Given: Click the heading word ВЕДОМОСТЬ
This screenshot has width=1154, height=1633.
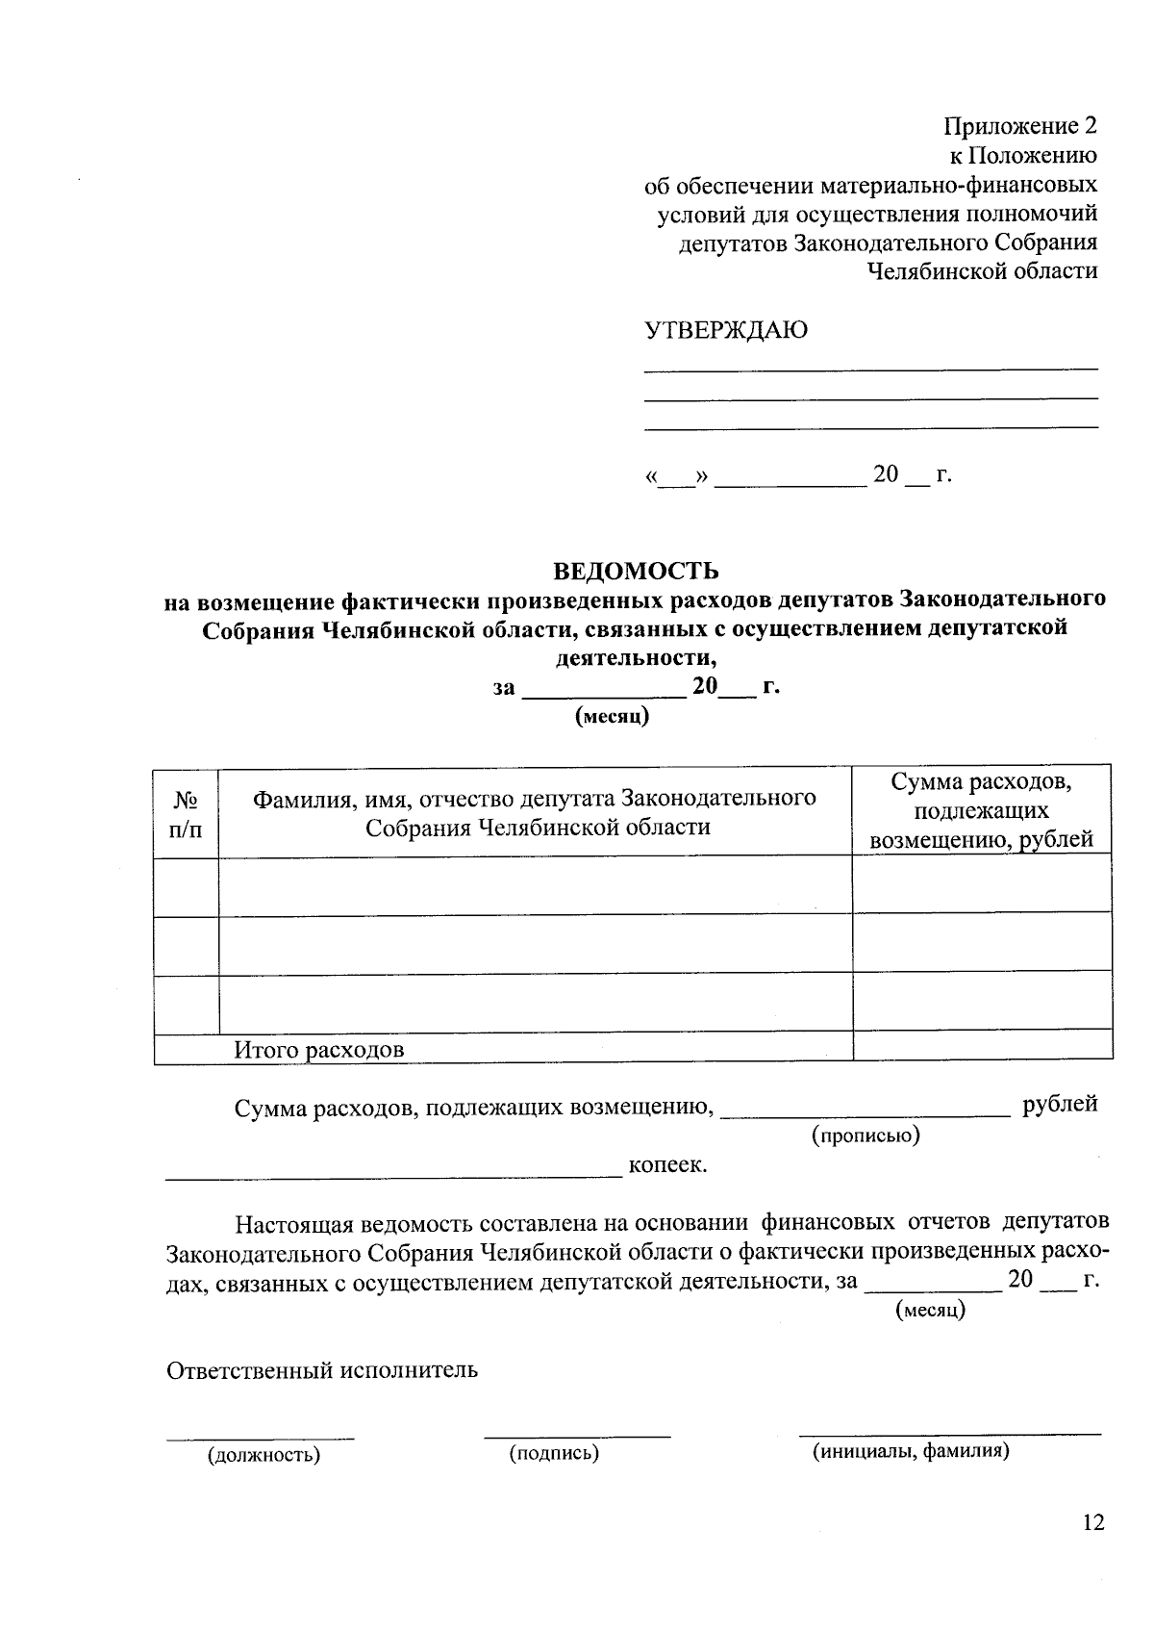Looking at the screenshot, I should pyautogui.click(x=636, y=572).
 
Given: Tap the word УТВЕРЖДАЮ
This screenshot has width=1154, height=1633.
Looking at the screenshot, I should pyautogui.click(x=725, y=331).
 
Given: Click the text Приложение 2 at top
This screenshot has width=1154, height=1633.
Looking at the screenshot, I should pyautogui.click(x=1019, y=126).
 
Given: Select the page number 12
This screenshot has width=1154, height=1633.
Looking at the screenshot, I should pyautogui.click(x=1093, y=1522).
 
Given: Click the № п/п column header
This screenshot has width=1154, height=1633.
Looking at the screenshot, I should pyautogui.click(x=186, y=813).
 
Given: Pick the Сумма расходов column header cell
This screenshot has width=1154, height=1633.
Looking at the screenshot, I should pyautogui.click(x=981, y=810).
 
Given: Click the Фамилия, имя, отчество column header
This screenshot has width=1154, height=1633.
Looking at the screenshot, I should pyautogui.click(x=534, y=812).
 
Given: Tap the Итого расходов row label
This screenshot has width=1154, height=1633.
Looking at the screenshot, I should pyautogui.click(x=318, y=1049).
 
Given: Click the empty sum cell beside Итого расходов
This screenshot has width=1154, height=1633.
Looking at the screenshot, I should pyautogui.click(x=981, y=1046).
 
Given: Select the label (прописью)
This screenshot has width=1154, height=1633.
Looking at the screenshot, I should pyautogui.click(x=865, y=1135).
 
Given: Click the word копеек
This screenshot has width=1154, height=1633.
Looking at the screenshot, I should pyautogui.click(x=667, y=1165).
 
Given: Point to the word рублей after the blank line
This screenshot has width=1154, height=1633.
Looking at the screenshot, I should pyautogui.click(x=1060, y=1105).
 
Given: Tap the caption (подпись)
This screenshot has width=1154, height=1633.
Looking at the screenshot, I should pyautogui.click(x=554, y=1453).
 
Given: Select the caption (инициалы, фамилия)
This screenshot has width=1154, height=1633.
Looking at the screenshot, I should pyautogui.click(x=911, y=1451).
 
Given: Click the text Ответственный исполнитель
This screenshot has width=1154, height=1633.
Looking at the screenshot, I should pyautogui.click(x=322, y=1369).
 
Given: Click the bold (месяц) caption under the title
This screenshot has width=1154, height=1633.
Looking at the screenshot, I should pyautogui.click(x=612, y=717).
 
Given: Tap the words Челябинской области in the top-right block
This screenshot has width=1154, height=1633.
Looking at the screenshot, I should pyautogui.click(x=982, y=271).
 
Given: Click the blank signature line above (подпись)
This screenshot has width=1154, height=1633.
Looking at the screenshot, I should pyautogui.click(x=577, y=1436).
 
